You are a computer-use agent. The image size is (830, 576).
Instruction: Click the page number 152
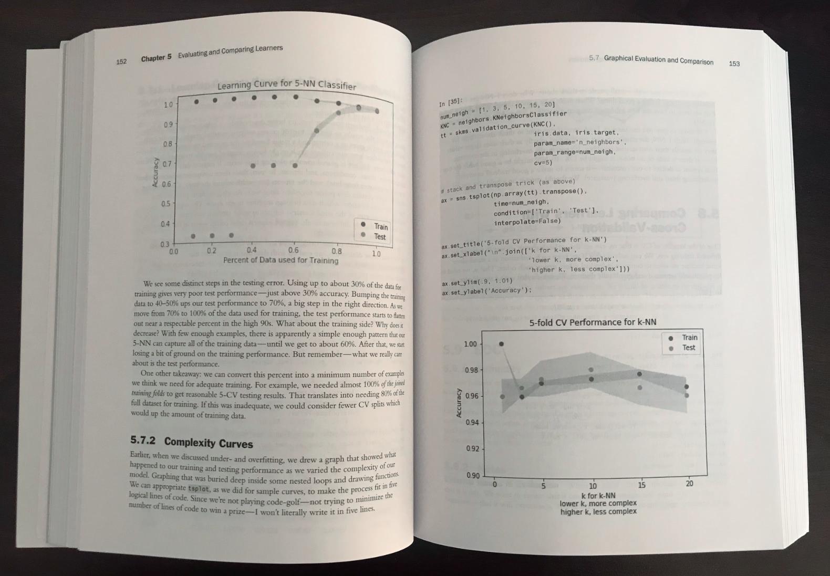pyautogui.click(x=121, y=61)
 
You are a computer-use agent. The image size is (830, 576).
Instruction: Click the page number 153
pyautogui.click(x=734, y=64)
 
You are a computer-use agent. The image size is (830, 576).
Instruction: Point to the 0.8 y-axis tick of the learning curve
pyautogui.click(x=167, y=144)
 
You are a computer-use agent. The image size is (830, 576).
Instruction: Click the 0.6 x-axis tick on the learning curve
pyautogui.click(x=293, y=250)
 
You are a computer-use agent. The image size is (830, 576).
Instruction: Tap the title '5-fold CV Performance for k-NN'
pyautogui.click(x=592, y=322)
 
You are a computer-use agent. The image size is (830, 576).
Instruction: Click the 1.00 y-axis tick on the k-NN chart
pyautogui.click(x=470, y=344)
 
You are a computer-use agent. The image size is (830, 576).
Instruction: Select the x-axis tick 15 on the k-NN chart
pyautogui.click(x=641, y=485)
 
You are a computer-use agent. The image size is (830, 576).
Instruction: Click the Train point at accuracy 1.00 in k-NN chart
pyautogui.click(x=501, y=344)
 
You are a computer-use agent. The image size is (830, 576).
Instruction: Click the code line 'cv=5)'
pyautogui.click(x=543, y=163)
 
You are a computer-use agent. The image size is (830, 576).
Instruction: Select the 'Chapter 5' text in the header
pyautogui.click(x=156, y=58)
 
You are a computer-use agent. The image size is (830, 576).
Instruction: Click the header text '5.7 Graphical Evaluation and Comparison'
pyautogui.click(x=651, y=60)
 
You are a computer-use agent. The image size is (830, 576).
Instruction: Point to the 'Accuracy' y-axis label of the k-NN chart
pyautogui.click(x=459, y=403)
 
